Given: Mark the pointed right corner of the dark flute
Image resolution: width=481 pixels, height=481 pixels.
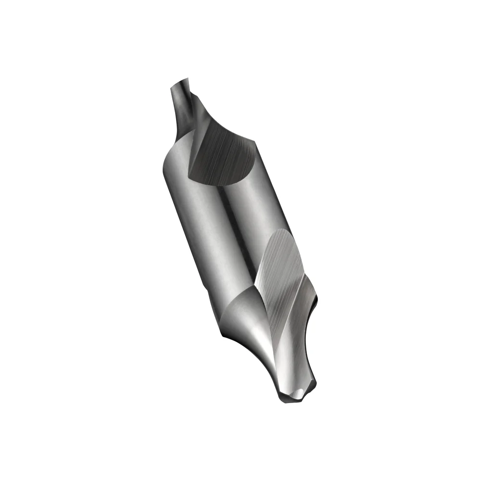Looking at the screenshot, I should (253, 140).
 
